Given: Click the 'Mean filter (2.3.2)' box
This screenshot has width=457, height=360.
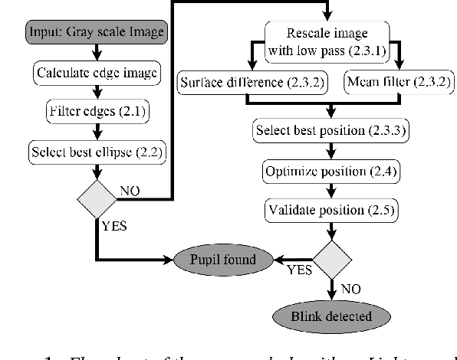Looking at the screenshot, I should [390, 81].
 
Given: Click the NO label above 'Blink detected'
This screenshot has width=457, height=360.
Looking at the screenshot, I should [352, 289].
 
